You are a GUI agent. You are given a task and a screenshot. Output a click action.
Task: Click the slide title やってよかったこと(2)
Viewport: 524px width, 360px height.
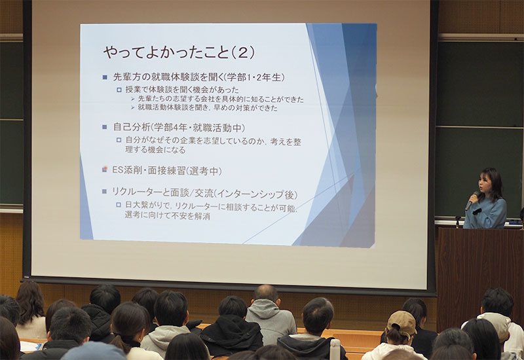coord(179,52)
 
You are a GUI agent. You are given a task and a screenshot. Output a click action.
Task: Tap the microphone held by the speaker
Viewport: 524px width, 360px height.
coord(471,201)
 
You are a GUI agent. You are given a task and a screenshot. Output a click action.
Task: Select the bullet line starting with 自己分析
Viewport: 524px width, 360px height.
coord(179,127)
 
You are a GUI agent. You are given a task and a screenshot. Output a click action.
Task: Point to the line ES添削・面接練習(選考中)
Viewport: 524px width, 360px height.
coord(166,171)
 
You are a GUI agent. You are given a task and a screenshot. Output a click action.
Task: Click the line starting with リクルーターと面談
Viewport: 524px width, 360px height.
coord(204,193)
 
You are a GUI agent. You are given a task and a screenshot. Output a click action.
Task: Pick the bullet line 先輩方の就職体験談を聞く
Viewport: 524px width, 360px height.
coord(199,77)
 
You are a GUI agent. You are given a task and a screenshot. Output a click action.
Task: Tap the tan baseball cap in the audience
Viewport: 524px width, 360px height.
coord(402,322)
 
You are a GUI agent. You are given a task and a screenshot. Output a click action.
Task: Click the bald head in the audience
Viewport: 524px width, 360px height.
coord(266,293)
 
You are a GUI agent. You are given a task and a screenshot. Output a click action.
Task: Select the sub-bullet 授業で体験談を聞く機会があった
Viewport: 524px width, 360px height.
coord(182,90)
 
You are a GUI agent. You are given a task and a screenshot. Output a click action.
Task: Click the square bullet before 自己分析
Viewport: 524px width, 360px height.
coord(105,127)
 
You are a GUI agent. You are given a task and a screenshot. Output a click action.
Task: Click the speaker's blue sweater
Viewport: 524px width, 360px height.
coord(485,213)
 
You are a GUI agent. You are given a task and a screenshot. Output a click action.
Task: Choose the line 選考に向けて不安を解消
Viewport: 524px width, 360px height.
coord(167,216)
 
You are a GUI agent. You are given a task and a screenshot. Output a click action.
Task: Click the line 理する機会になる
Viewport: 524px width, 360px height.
coord(155,150)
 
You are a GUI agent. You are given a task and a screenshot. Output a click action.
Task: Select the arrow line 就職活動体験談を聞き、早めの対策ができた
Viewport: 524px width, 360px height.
coord(208,107)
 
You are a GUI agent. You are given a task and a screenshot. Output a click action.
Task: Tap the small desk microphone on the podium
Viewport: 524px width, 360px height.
coord(457,221)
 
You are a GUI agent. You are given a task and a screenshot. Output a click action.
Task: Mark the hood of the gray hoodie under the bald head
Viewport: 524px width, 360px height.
coord(267,307)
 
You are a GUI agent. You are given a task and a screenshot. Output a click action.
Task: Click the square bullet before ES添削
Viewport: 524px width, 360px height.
coord(105,170)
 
